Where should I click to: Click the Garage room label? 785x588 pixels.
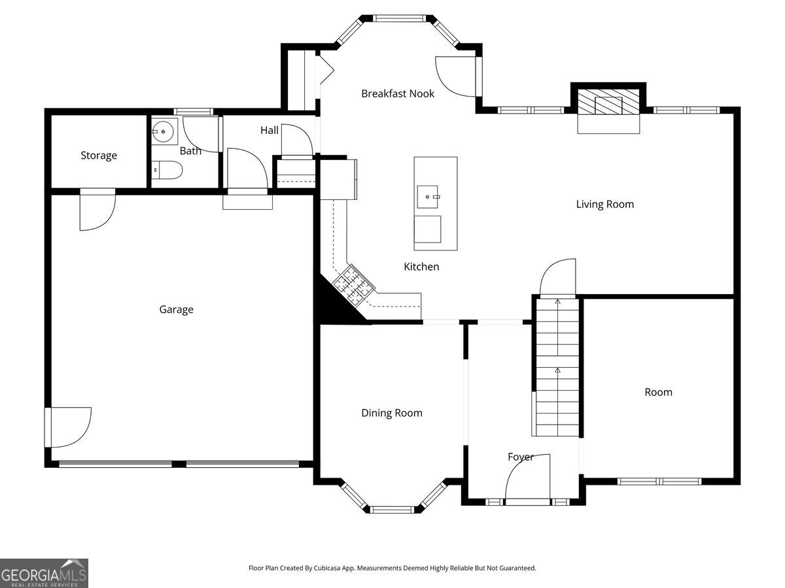pyautogui.click(x=176, y=310)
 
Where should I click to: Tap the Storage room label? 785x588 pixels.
pyautogui.click(x=99, y=155)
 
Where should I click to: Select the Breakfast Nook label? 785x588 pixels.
pyautogui.click(x=398, y=93)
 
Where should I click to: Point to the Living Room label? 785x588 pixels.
pyautogui.click(x=604, y=204)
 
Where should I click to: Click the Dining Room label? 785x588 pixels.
pyautogui.click(x=392, y=413)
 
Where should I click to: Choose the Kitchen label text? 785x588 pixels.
pyautogui.click(x=421, y=267)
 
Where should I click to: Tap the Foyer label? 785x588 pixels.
pyautogui.click(x=521, y=457)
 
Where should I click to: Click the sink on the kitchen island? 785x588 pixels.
pyautogui.click(x=429, y=195)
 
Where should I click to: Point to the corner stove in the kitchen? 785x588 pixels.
pyautogui.click(x=353, y=286)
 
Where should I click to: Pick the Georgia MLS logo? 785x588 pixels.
pyautogui.click(x=44, y=573)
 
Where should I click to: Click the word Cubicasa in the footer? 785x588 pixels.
pyautogui.click(x=341, y=568)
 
